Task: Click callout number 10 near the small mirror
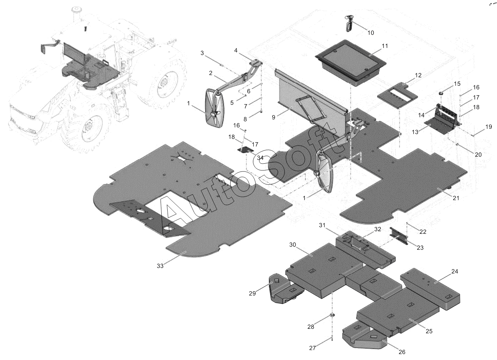tap(371, 33)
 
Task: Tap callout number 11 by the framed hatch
tap(385, 46)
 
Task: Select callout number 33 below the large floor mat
tap(160, 266)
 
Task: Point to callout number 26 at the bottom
tap(402, 352)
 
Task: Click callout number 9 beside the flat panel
tap(273, 117)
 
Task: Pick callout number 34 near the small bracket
tap(260, 158)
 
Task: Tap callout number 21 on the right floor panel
tap(456, 198)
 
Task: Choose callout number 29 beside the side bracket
tap(252, 293)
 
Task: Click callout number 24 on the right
tap(455, 271)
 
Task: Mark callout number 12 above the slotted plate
tap(418, 75)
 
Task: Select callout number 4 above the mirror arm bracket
tap(236, 50)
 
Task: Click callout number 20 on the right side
tap(478, 154)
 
